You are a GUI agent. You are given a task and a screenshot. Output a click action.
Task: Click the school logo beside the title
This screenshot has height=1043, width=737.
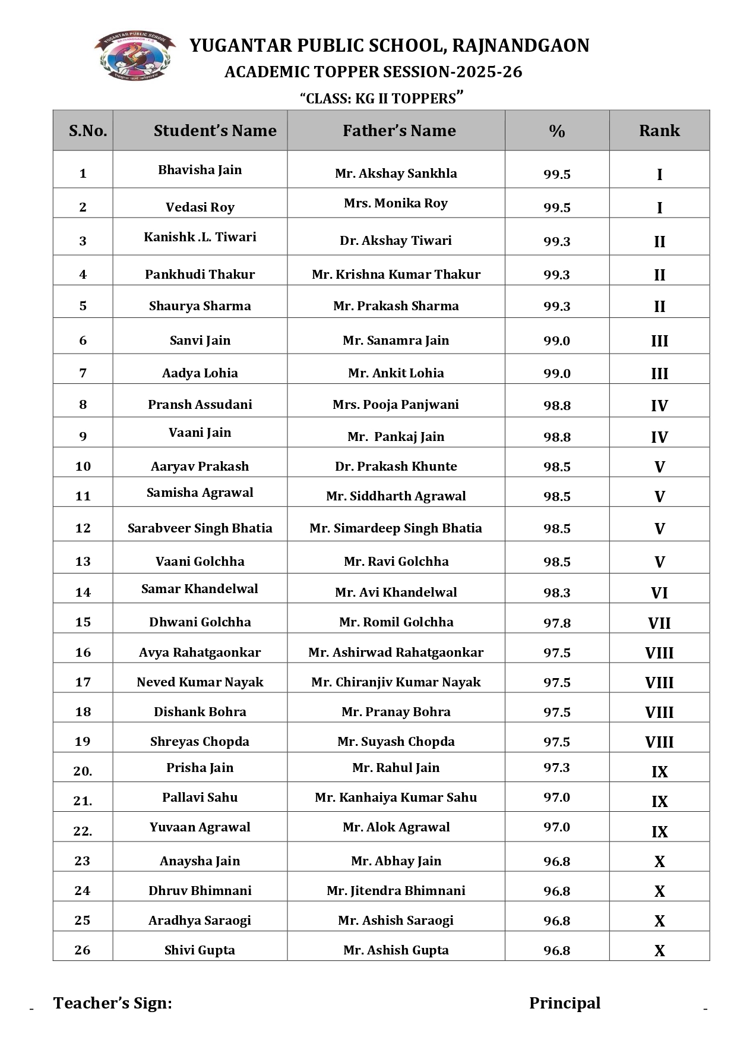(x=135, y=55)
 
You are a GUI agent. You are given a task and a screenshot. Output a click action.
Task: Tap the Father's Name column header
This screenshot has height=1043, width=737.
(x=399, y=131)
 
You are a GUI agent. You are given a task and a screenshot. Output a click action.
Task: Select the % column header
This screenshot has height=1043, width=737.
(x=556, y=131)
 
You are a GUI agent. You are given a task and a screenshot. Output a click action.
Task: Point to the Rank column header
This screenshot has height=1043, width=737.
(x=659, y=131)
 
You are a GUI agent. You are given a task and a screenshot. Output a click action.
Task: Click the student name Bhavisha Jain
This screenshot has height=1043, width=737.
(x=200, y=170)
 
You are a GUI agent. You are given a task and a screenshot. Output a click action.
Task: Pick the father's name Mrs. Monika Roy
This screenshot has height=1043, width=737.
(x=396, y=203)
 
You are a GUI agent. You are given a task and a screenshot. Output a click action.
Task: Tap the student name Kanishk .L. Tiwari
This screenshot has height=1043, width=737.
(x=200, y=237)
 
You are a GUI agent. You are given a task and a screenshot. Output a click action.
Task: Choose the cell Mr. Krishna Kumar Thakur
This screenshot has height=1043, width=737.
(x=396, y=275)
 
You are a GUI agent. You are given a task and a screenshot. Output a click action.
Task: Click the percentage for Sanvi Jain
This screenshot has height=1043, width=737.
(x=556, y=341)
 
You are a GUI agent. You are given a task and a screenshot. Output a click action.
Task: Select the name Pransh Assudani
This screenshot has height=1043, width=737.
(x=200, y=405)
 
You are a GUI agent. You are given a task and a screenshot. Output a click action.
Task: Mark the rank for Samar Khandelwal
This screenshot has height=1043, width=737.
(x=659, y=593)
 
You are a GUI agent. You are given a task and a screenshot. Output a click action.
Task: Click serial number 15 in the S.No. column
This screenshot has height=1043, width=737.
(x=83, y=622)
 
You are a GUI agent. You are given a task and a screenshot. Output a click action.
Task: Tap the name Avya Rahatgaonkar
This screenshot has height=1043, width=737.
(x=200, y=653)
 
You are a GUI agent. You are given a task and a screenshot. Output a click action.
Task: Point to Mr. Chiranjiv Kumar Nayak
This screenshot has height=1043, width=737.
(x=396, y=682)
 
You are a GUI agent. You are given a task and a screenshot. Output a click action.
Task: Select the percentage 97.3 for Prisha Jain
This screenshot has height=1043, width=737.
(x=556, y=768)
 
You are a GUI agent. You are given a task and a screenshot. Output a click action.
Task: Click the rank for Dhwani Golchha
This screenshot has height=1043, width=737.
(x=659, y=623)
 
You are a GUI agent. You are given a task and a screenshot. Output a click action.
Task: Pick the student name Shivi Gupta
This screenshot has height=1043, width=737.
(x=200, y=950)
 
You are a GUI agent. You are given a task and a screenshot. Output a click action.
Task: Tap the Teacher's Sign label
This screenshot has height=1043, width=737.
(x=113, y=1003)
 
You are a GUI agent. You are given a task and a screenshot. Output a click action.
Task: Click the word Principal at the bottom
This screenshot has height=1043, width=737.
(x=565, y=1003)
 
